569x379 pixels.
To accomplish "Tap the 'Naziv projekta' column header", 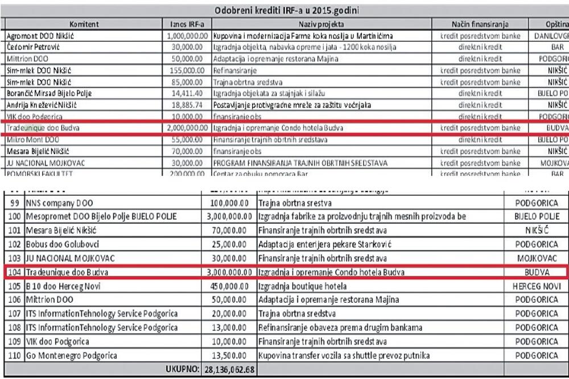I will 325,24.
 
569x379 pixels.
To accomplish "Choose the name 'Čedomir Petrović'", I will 32,45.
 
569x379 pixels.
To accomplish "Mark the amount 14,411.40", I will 187,92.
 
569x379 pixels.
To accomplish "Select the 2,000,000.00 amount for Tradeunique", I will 186,128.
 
